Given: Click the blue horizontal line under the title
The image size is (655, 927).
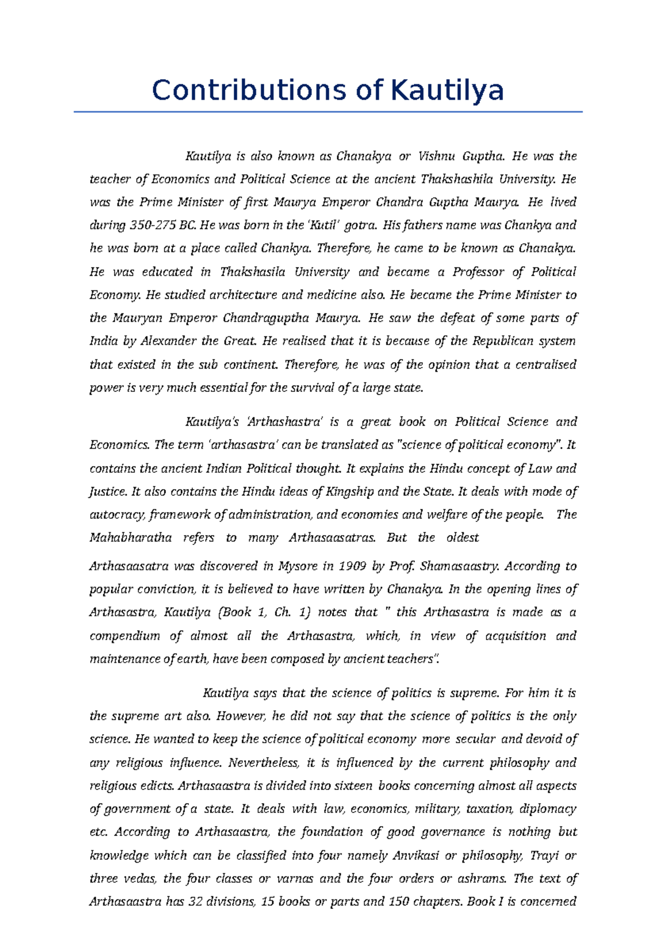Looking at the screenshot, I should tap(328, 112).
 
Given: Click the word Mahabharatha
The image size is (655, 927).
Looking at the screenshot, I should tap(130, 538).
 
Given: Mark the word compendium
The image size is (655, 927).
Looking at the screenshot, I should tap(125, 637).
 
